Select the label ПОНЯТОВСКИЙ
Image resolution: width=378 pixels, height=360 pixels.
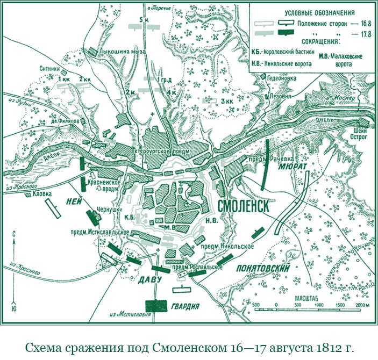pos(262,268)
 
